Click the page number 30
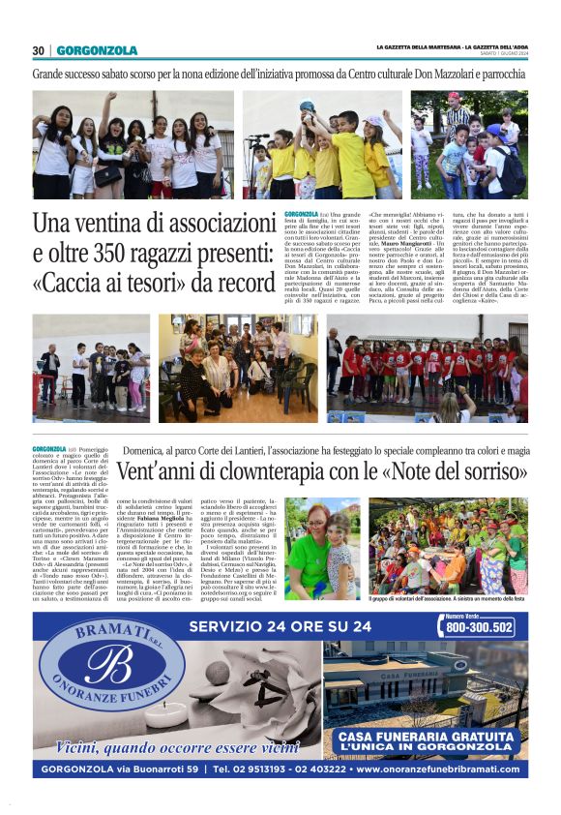coord(39,50)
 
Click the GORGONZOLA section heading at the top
coord(97,50)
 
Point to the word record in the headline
coord(243,285)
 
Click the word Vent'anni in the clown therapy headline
coord(156,474)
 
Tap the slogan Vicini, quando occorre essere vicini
coord(177,746)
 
